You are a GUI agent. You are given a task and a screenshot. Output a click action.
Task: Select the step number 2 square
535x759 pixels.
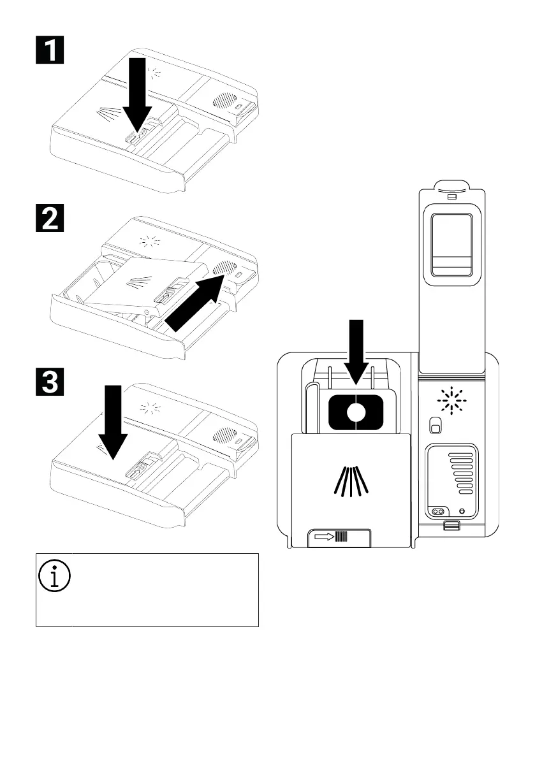[x=48, y=219]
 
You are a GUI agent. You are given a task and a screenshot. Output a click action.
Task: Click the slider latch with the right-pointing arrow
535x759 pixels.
[x=341, y=537]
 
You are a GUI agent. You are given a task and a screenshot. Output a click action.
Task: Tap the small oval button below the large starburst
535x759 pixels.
[x=435, y=424]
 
